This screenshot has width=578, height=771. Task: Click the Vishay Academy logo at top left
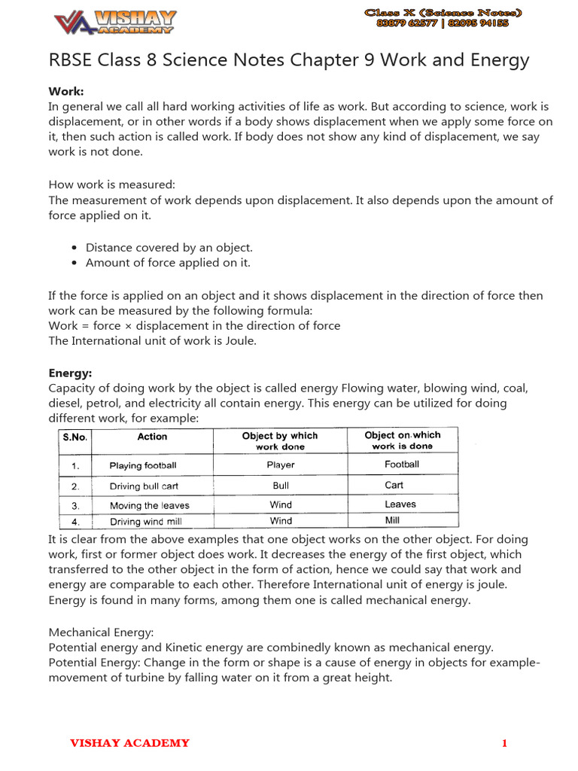point(114,22)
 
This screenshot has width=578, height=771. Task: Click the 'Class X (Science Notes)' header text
point(443,13)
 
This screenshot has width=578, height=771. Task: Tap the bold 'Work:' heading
point(65,91)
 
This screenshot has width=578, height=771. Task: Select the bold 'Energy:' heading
point(70,373)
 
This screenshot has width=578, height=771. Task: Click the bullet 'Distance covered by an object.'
point(169,247)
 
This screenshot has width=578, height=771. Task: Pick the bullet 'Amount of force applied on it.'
point(167,263)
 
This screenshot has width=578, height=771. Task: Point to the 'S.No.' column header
point(75,437)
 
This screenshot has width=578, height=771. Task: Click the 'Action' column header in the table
point(152,437)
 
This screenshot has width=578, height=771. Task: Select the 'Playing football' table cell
point(143,465)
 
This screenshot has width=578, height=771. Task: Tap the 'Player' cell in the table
point(281,465)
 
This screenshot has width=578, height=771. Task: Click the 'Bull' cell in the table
point(281,486)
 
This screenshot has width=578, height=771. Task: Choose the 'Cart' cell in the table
point(394,485)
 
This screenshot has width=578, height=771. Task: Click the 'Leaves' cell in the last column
point(400,504)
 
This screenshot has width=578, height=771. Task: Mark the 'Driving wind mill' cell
point(145,521)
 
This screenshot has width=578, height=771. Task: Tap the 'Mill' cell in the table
point(392,520)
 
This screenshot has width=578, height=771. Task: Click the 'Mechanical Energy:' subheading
point(101,632)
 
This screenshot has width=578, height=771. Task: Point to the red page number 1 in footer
point(504,744)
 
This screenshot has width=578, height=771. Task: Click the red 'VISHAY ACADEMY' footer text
point(129,744)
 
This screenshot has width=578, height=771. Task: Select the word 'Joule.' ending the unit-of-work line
point(239,341)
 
